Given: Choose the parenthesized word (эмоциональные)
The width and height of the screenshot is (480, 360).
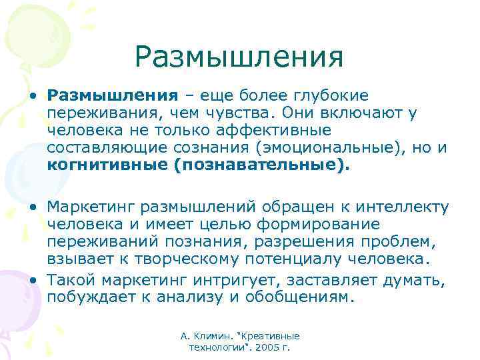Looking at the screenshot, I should [x=317, y=148].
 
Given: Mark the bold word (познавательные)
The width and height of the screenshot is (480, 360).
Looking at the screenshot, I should [x=260, y=165].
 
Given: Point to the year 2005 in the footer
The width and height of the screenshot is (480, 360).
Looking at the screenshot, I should [x=269, y=347].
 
